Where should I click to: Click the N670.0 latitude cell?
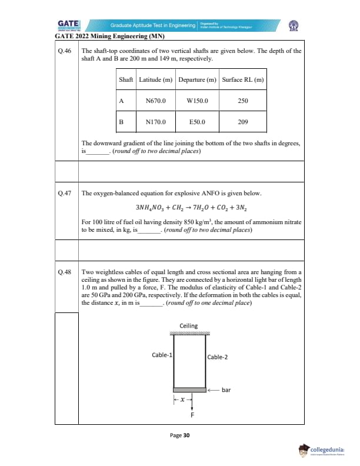pos(156,101)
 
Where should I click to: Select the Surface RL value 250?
pos(243,101)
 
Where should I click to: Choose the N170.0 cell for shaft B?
pos(156,122)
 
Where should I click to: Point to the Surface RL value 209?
pos(243,122)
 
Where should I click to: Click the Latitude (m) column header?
pos(156,79)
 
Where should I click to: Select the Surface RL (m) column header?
pos(243,79)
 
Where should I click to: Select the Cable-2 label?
pos(218,357)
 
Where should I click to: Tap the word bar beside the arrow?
pos(226,390)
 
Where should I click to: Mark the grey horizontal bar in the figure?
pos(191,390)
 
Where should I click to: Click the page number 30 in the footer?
pos(179,435)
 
